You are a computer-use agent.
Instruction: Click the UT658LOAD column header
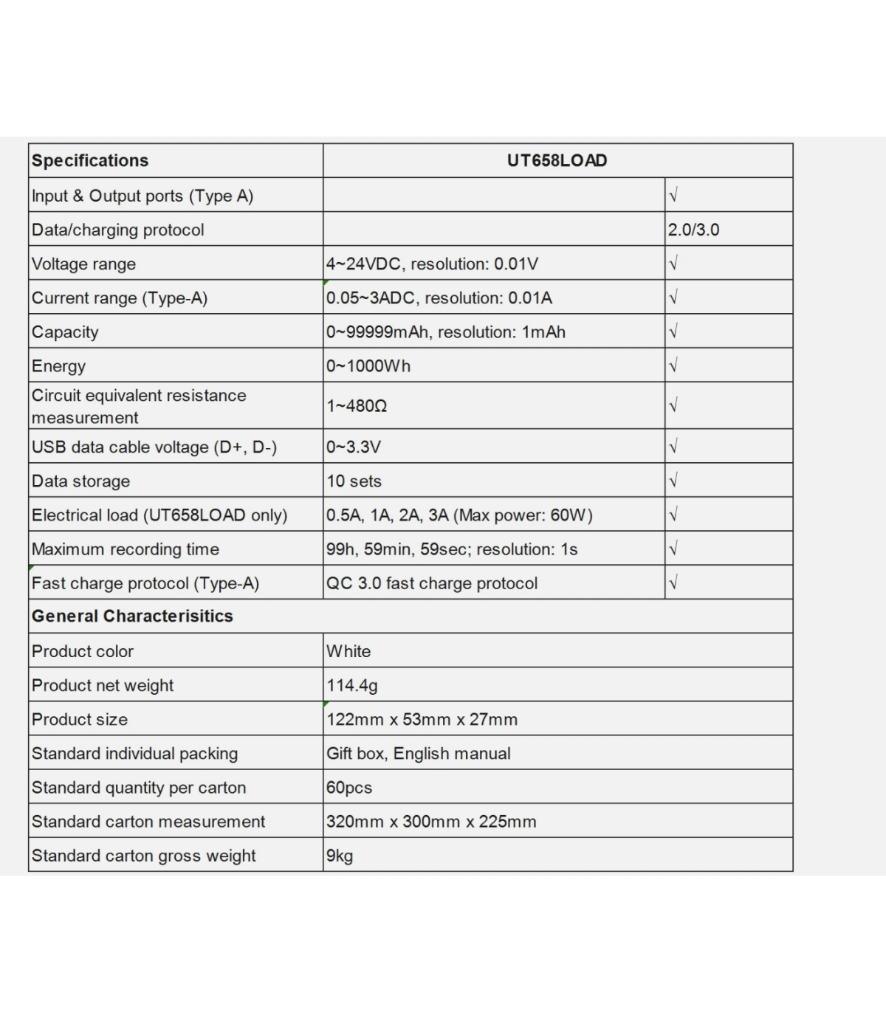point(557,161)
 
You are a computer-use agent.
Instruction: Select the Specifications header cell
point(90,161)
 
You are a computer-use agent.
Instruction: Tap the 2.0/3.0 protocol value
point(693,230)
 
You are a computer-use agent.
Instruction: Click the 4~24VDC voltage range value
point(432,264)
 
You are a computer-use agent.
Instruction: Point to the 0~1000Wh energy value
point(368,366)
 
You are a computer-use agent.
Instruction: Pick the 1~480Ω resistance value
point(357,406)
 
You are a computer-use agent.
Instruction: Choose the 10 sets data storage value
point(354,481)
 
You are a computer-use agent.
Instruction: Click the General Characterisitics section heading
point(132,616)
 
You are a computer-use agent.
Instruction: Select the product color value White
point(348,651)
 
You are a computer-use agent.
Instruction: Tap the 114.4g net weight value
point(351,685)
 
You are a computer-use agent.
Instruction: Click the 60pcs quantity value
point(349,788)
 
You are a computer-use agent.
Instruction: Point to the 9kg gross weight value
point(340,856)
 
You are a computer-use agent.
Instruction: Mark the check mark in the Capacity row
point(673,332)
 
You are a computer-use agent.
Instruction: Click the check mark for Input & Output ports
point(673,195)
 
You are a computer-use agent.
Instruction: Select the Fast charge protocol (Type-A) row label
point(145,583)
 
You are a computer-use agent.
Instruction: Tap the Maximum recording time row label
point(126,549)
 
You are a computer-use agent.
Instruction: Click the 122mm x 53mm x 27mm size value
point(422,719)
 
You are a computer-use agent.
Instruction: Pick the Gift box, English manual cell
point(419,753)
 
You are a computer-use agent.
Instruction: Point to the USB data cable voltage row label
point(154,447)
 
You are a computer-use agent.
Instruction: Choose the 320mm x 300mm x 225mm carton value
point(431,822)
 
